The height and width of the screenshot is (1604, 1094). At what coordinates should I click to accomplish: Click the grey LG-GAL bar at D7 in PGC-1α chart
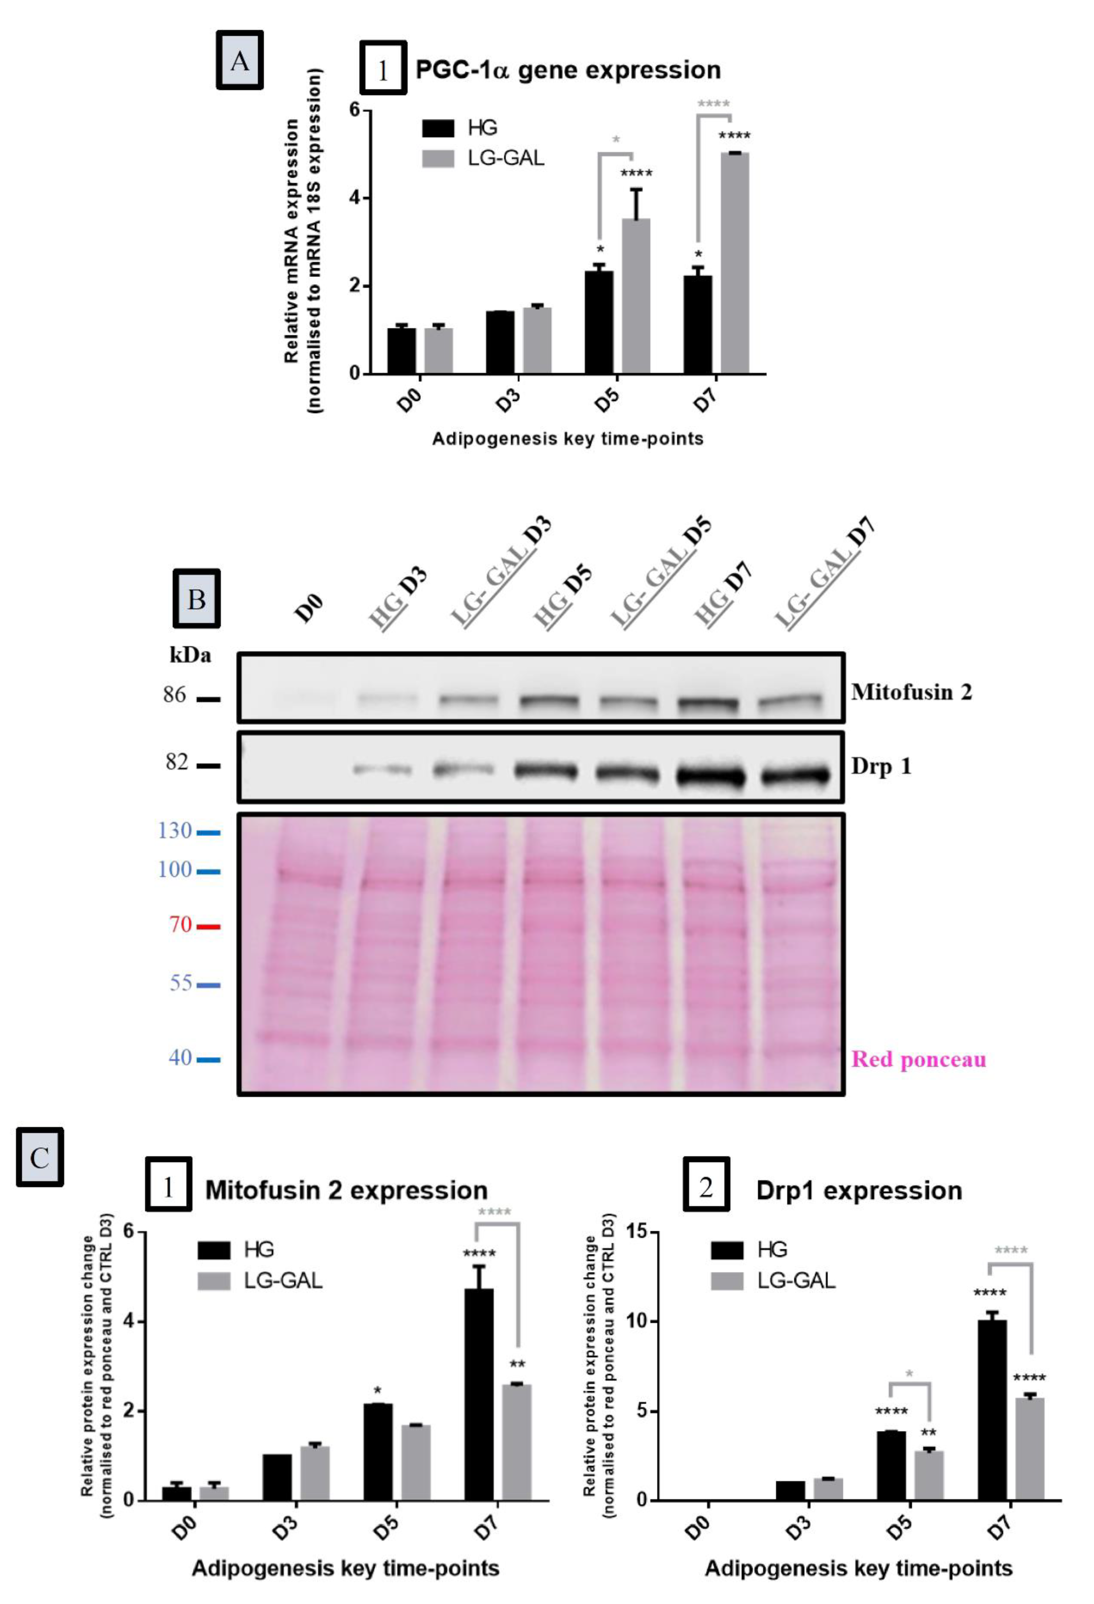[734, 262]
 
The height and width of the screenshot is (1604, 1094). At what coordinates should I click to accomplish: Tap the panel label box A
[240, 61]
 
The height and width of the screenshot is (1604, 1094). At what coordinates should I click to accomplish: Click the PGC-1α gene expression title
[567, 70]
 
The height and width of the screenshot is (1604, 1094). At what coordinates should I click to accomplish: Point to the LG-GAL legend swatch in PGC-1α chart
[438, 159]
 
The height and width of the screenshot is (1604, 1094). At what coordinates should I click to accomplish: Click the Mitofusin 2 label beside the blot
[911, 692]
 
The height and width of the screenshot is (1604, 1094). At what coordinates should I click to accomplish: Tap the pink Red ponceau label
[918, 1060]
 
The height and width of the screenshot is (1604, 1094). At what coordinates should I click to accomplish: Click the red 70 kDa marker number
[180, 924]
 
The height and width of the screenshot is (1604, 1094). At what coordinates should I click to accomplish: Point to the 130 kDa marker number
[175, 830]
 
